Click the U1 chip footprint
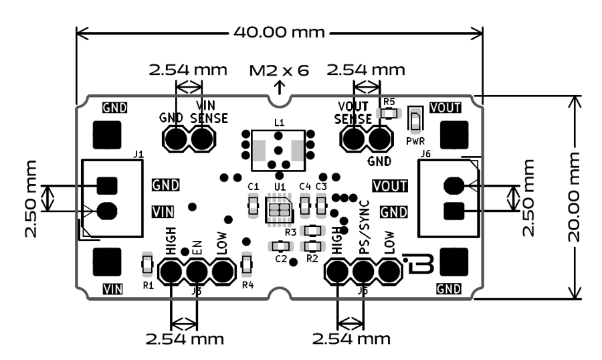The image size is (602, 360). click(278, 210)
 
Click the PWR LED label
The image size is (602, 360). click(415, 141)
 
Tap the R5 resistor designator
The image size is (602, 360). click(389, 102)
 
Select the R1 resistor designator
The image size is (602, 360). click(148, 285)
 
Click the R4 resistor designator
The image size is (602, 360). click(247, 285)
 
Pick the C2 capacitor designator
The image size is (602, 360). click(280, 258)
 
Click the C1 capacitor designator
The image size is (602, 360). click(253, 185)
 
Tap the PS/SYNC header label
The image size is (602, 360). click(365, 234)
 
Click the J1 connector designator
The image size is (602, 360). click(138, 155)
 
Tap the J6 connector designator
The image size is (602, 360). click(425, 155)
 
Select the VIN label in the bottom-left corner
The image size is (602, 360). click(114, 289)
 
